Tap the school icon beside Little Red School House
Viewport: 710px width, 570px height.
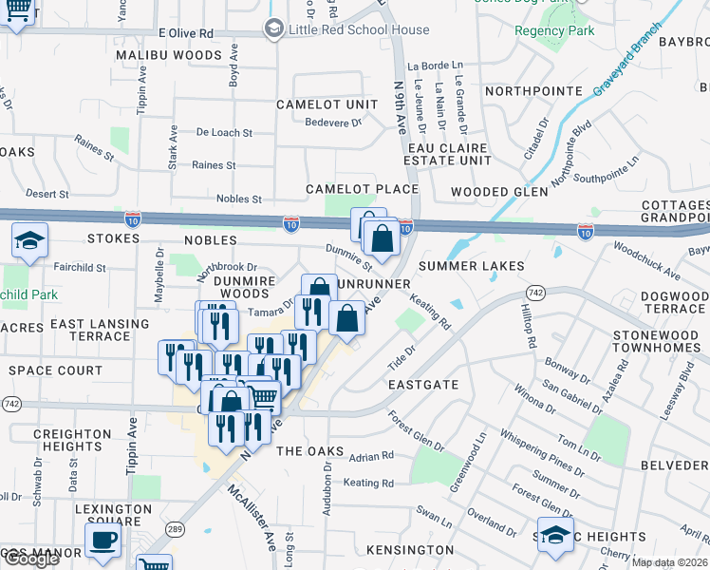274,29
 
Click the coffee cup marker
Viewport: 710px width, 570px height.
103,540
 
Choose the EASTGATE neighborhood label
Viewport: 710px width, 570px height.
423,385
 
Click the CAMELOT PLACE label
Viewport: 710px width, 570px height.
362,189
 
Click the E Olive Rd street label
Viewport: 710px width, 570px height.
186,32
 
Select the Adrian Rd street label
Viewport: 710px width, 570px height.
371,457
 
